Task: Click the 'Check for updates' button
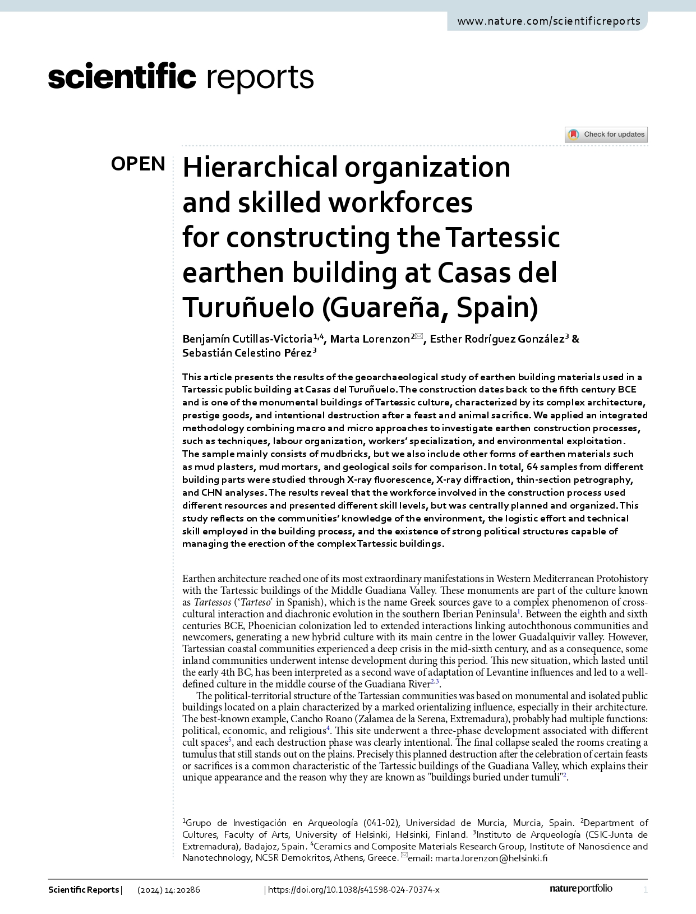click(x=606, y=135)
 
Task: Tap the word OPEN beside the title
click(x=138, y=164)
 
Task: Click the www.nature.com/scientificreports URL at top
click(x=548, y=21)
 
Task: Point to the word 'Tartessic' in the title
click(x=503, y=237)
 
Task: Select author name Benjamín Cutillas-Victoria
click(x=247, y=339)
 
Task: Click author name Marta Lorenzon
click(x=370, y=339)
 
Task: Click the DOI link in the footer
click(x=354, y=890)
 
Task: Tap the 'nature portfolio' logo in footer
click(x=580, y=888)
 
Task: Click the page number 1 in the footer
click(x=646, y=890)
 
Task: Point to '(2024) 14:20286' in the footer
click(x=169, y=890)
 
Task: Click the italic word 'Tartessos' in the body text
click(x=212, y=602)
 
